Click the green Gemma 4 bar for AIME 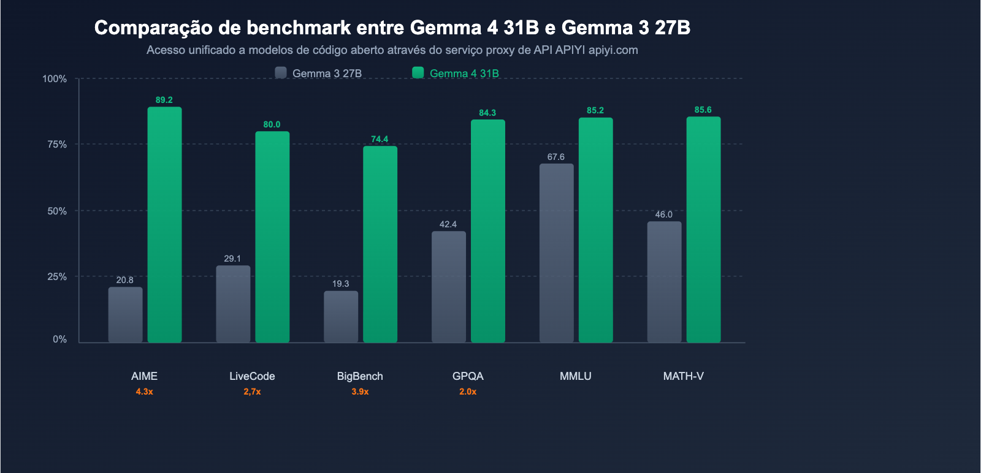[x=164, y=224]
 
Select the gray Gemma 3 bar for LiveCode [x=233, y=303]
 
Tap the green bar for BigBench [x=380, y=244]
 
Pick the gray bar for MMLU [x=557, y=252]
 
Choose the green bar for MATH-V [x=703, y=229]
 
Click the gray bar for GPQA [x=449, y=286]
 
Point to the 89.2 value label [x=164, y=100]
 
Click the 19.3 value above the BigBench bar [x=341, y=284]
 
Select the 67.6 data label [x=556, y=157]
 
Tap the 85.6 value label [x=703, y=110]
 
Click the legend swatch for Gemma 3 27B [x=281, y=73]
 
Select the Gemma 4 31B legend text [x=464, y=74]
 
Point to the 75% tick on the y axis [x=57, y=145]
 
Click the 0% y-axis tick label [x=59, y=339]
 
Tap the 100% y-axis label [x=55, y=79]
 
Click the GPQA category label [x=468, y=376]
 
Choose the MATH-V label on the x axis [x=684, y=376]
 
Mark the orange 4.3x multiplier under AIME [x=145, y=392]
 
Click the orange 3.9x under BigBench [x=360, y=392]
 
